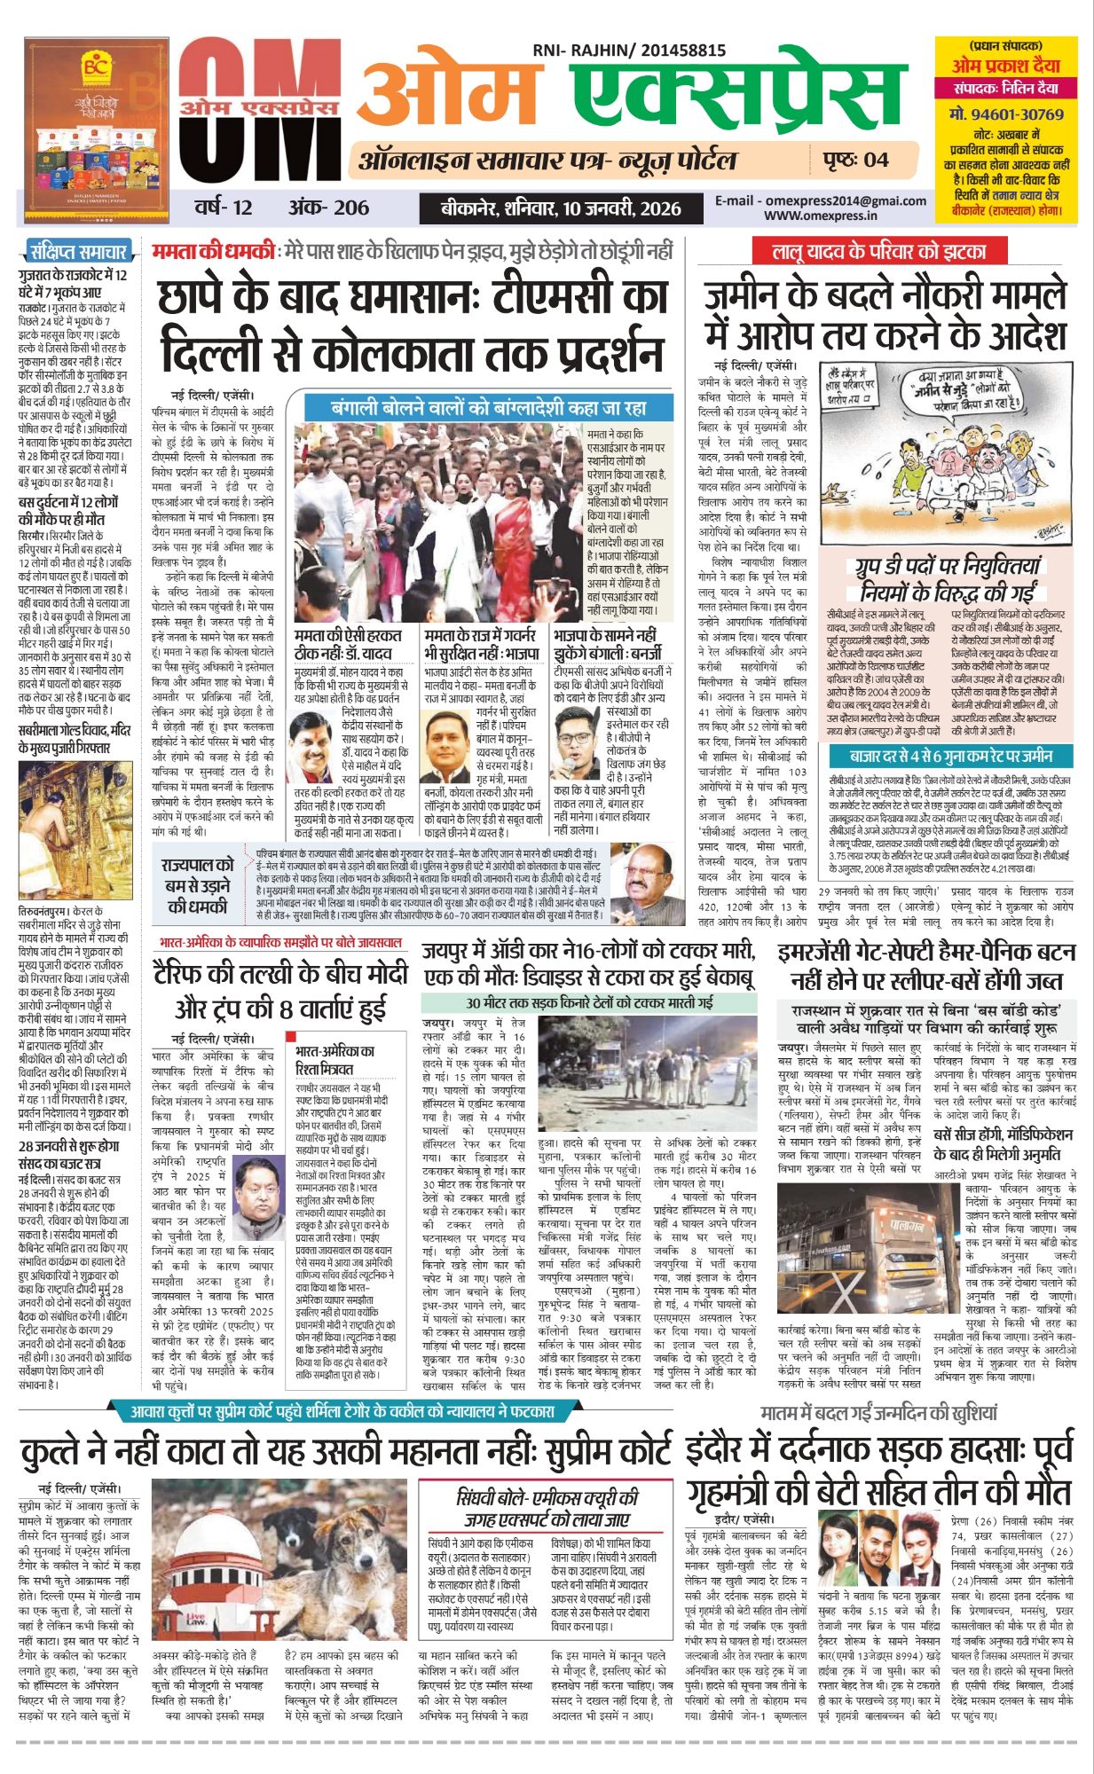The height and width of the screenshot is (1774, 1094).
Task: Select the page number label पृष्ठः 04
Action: [854, 160]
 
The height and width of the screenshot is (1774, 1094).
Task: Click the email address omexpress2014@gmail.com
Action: [821, 200]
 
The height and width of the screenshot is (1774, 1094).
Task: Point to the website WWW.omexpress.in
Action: [820, 215]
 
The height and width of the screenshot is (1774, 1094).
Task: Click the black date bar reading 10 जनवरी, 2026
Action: [561, 208]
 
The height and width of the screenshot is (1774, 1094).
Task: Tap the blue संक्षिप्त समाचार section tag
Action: [78, 251]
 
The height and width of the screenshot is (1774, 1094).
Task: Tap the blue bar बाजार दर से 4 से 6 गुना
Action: [950, 757]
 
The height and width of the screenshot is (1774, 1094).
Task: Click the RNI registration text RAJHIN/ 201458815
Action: [629, 51]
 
